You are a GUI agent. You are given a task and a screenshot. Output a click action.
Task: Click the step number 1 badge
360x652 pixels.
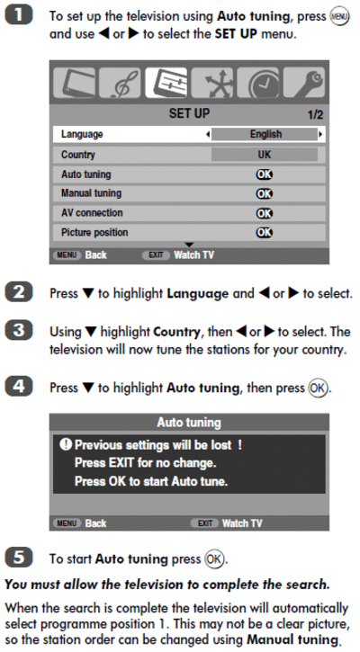18,16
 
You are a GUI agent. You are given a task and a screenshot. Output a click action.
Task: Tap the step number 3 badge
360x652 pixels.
18,332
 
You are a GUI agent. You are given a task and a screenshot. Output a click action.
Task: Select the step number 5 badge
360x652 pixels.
18,558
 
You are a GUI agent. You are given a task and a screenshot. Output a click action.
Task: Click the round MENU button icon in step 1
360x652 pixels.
338,17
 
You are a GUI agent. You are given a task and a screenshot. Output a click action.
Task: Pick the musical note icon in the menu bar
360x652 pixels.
120,83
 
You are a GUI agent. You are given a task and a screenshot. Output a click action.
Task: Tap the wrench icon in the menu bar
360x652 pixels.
304,83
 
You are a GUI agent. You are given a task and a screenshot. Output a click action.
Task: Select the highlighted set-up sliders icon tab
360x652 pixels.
166,83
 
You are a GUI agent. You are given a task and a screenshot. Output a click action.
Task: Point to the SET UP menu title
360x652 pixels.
189,113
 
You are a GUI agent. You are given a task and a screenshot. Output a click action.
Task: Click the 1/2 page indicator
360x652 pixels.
315,115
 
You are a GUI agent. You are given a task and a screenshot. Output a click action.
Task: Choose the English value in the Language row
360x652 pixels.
265,134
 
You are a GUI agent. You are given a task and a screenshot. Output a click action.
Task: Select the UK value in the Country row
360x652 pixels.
265,155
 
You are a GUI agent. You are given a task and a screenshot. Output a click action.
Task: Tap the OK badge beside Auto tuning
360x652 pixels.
265,174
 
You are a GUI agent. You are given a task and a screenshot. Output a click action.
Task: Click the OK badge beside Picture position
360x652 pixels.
265,232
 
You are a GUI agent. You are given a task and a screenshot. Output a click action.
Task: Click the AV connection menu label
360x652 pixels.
92,212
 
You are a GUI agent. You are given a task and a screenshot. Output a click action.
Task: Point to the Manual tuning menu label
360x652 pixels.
91,193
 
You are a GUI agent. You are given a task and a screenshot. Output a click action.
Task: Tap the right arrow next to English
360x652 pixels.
321,134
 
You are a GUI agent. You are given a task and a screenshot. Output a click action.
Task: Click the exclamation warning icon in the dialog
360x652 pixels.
66,444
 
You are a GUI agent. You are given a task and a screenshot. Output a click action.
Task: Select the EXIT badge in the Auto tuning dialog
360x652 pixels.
205,523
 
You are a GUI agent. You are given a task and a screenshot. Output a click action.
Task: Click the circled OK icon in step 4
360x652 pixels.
318,388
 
